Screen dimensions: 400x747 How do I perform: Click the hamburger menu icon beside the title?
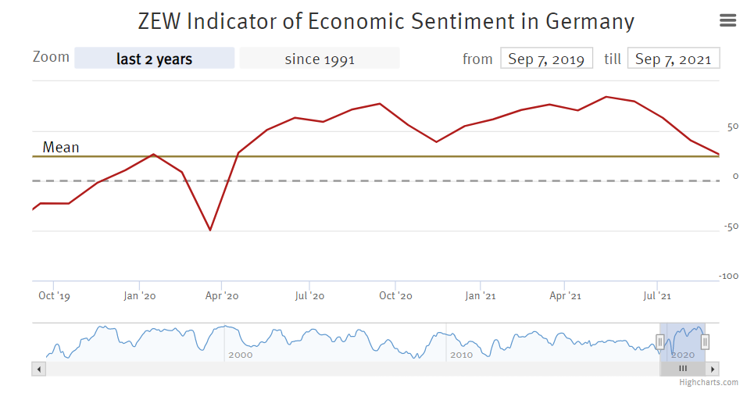coord(727,20)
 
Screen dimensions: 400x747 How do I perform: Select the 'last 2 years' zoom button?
coord(154,59)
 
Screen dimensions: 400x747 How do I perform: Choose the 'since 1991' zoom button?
coord(319,59)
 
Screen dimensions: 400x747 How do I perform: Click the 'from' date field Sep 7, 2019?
coord(546,59)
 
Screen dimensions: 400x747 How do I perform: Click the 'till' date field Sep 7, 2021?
coord(673,59)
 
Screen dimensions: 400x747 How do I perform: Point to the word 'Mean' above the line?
coord(61,147)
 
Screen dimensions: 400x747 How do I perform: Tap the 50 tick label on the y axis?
coord(732,127)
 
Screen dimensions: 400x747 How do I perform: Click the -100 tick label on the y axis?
coord(729,276)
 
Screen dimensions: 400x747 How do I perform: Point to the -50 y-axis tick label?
coord(731,227)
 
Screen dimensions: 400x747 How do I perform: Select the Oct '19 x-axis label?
coord(54,296)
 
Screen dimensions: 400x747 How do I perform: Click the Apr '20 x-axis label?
coord(222,296)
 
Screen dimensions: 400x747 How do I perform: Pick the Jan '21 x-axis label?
coord(480,296)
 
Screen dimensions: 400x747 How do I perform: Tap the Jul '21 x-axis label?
coord(656,296)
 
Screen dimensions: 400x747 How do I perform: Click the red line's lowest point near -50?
coord(209,230)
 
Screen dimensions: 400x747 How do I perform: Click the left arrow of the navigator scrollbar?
coord(38,368)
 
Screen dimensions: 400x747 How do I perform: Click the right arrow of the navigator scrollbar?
coord(713,368)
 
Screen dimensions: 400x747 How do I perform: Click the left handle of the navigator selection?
coord(659,341)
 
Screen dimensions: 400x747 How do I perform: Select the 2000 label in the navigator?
coord(240,355)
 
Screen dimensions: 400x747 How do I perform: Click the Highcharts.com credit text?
coord(708,382)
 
